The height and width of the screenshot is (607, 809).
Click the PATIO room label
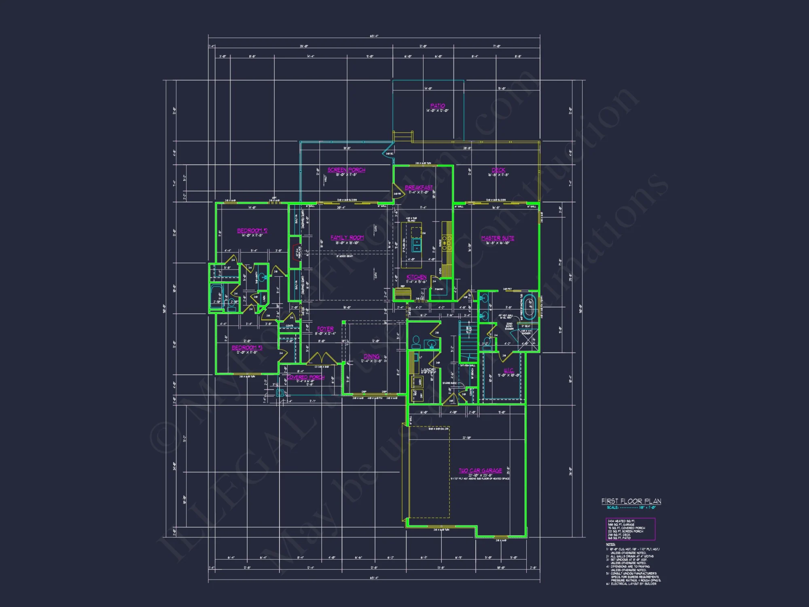437,106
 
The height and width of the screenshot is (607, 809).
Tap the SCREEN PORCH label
346,170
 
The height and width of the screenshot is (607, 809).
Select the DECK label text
498,170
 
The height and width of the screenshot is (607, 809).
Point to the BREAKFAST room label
419,187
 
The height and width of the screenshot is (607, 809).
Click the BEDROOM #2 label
252,231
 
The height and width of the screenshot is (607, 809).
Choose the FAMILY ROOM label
347,238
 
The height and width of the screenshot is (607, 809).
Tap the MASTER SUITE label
498,238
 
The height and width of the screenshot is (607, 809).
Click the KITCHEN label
416,277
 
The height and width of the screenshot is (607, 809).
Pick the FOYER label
325,329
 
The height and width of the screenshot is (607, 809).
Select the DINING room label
371,357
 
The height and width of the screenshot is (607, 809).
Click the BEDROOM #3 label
247,348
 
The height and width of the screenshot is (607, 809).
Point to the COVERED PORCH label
305,377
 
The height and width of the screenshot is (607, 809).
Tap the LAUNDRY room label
428,370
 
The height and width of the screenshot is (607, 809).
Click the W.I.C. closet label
508,371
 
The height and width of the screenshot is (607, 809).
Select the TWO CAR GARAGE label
480,471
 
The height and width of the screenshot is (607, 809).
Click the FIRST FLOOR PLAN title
631,501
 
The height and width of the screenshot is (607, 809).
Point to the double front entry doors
322,359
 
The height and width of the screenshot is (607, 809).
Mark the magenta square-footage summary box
630,529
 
